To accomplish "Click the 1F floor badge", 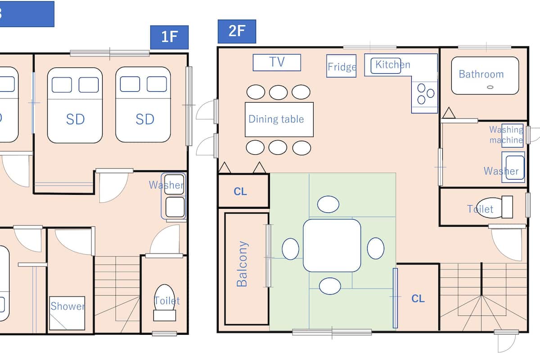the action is point(169,37).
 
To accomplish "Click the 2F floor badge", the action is point(237,31).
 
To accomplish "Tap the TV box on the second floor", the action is point(277,63).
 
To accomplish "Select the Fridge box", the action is point(342,66).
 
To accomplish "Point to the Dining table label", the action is point(276,119).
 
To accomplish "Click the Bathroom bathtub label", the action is point(481,74).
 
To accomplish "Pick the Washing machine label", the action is point(506,135).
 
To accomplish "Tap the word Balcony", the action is point(242,264).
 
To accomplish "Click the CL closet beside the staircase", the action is point(418,298).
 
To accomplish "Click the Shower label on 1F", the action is point(67,306).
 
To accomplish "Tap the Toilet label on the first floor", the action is point(167,301).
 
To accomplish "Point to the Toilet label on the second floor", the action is point(480,209).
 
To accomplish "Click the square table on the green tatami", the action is point(332,245).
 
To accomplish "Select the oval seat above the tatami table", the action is point(328,204).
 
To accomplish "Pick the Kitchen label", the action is point(393,65).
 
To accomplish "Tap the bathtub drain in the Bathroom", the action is point(490,87).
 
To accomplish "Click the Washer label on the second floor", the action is point(501,171).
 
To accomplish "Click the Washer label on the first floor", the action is point(166,185).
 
